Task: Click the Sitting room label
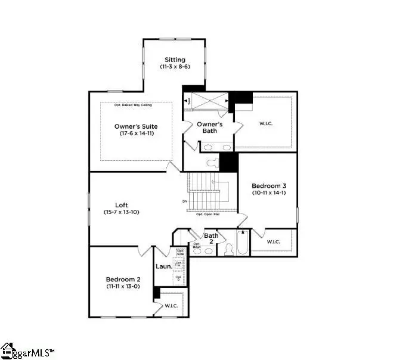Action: (x=175, y=60)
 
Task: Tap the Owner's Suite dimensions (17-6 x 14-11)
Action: (x=137, y=133)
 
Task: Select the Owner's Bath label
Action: (x=210, y=127)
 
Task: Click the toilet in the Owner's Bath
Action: (x=212, y=162)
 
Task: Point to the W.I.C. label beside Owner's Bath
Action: (x=266, y=124)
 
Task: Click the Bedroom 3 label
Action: (x=269, y=185)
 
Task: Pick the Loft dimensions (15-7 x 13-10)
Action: (x=121, y=212)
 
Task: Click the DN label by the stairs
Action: (x=185, y=201)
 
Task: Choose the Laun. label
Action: (x=164, y=266)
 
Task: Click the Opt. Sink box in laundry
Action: (x=179, y=252)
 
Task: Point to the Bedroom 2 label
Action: (x=123, y=280)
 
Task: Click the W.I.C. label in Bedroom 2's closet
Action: (x=171, y=306)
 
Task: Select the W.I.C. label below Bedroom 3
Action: (x=273, y=242)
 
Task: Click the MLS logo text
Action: (x=34, y=351)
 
